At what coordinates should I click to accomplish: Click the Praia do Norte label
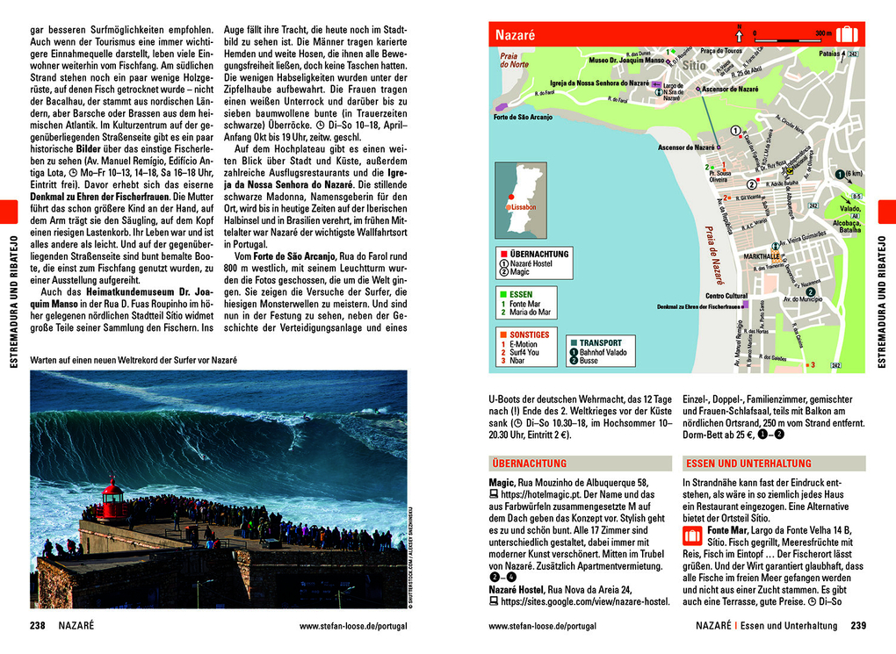point(514,60)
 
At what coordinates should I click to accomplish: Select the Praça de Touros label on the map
point(721,51)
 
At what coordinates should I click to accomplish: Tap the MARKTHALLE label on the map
point(762,256)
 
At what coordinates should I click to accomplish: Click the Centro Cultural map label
point(726,296)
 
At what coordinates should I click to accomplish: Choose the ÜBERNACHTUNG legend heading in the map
point(539,254)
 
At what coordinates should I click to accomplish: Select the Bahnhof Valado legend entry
point(606,352)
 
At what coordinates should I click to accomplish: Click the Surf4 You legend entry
point(527,352)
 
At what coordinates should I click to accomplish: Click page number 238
point(38,626)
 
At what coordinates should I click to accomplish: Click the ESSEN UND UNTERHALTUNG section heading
point(737,464)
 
